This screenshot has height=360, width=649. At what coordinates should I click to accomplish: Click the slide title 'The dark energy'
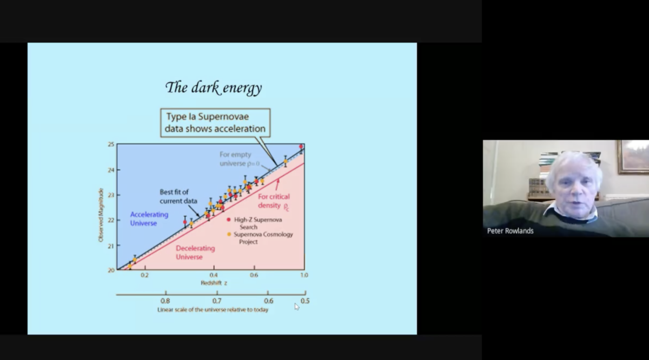point(214,88)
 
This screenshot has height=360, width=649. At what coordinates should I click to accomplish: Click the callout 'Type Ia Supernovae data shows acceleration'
point(215,123)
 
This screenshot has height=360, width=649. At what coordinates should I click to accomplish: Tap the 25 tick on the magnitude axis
point(111,144)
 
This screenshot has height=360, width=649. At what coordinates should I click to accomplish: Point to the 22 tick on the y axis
point(111,220)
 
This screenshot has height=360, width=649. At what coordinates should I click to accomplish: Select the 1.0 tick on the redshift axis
point(304,275)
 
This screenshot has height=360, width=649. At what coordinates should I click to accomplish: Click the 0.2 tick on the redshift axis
point(144,275)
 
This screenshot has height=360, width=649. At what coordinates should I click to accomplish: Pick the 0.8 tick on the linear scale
point(165,301)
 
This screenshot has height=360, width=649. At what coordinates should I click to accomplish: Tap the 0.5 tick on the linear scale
point(305,301)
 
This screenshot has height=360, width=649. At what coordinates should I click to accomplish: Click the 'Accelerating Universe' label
point(149,218)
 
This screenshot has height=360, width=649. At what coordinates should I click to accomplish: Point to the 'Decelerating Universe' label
point(195,252)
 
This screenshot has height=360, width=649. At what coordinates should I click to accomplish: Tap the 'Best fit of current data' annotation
point(175,196)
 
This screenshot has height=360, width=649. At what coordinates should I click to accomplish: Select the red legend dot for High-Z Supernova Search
point(229,219)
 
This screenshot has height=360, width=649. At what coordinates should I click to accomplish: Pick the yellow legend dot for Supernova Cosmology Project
point(229,235)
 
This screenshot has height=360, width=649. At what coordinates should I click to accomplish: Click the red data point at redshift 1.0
point(301,146)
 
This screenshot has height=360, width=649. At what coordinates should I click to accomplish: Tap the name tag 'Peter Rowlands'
point(510,231)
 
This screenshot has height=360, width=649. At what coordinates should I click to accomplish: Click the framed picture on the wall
point(633,157)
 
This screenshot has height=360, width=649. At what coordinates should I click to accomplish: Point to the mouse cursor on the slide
point(296,306)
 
